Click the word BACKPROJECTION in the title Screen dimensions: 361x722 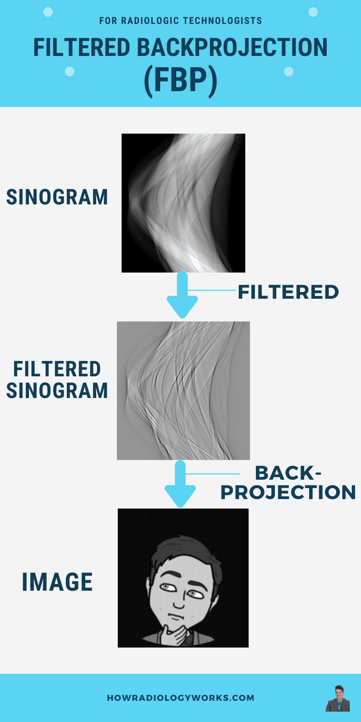[x=232, y=47]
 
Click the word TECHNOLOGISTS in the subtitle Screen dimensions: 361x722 [x=223, y=21]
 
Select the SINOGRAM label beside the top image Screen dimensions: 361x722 [x=57, y=197]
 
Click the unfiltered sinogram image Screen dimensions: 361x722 [x=183, y=203]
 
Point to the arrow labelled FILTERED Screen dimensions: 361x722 [x=182, y=294]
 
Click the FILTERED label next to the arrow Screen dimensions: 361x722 [x=288, y=292]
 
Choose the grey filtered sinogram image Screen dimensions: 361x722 [x=183, y=390]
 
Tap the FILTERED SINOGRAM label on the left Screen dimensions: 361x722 [x=57, y=380]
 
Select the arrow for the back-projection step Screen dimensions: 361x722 [x=180, y=483]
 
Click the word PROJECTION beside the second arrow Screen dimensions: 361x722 [x=288, y=492]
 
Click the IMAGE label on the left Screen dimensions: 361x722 [x=57, y=582]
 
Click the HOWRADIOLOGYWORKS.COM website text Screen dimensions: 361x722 [x=180, y=698]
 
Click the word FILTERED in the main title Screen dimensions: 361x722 [x=82, y=47]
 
